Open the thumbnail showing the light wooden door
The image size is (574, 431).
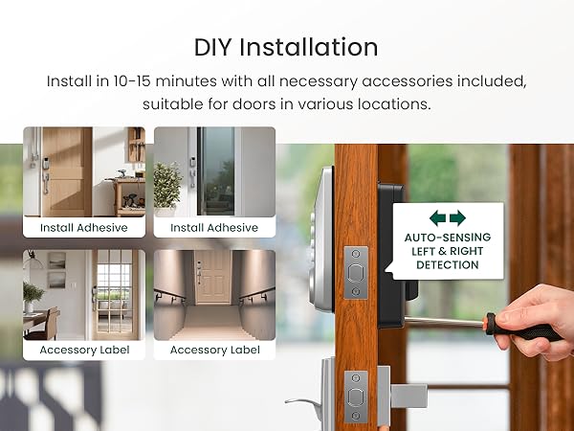pos(83,171)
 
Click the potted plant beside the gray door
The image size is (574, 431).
pos(168,181)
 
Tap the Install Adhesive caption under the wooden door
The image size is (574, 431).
pos(83,228)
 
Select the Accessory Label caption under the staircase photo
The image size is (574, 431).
pos(214,350)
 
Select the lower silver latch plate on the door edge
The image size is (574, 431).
pos(356,394)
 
